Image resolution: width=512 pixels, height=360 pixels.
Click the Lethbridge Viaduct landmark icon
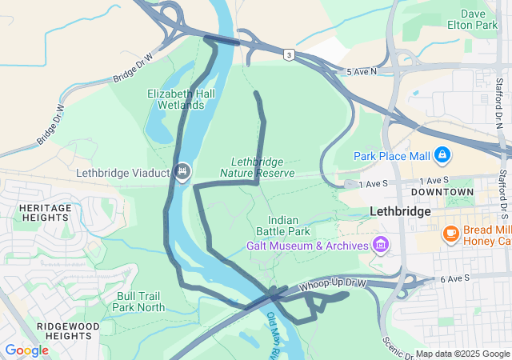click(183, 171)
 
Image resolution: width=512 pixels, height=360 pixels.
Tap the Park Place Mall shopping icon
click(442, 154)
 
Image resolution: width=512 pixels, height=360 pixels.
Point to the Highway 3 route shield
click(288, 54)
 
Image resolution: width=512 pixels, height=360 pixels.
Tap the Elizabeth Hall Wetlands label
click(181, 99)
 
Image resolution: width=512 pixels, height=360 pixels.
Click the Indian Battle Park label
click(289, 226)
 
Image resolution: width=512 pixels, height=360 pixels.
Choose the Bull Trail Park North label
click(138, 302)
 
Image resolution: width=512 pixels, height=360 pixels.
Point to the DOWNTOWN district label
click(442, 193)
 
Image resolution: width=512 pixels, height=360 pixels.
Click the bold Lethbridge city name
click(401, 212)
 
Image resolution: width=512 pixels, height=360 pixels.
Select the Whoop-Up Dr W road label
click(333, 286)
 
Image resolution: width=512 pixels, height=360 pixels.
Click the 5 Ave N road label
click(362, 72)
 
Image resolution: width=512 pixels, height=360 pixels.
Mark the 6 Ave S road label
click(455, 278)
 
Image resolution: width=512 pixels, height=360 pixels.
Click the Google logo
click(26, 350)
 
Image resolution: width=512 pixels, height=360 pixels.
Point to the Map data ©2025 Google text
click(462, 354)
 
